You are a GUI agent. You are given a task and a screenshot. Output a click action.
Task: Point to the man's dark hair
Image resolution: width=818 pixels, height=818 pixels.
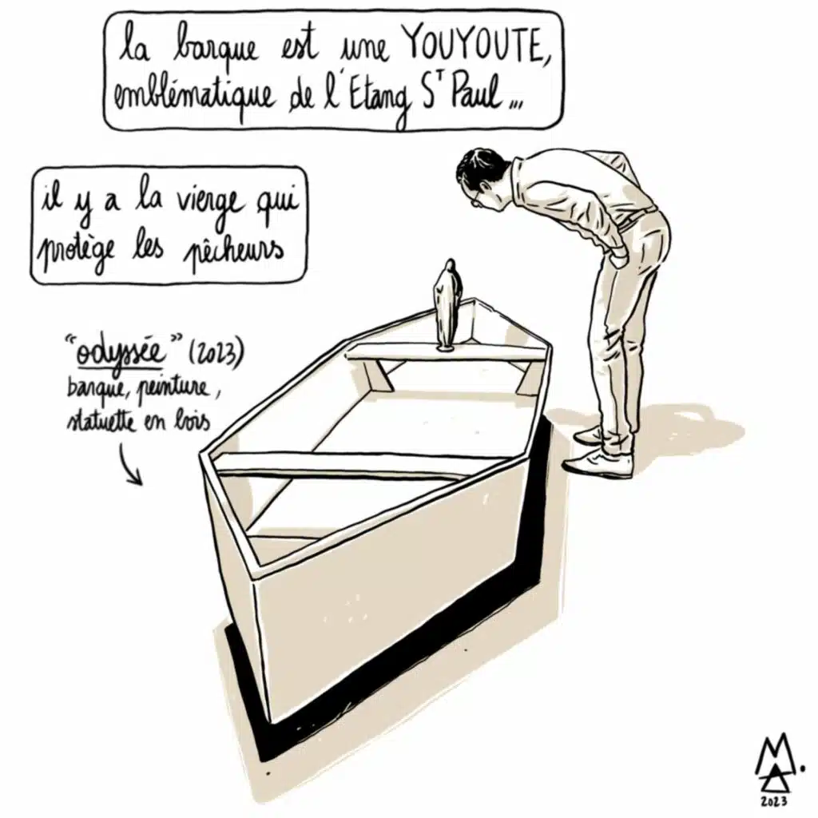coord(478,167)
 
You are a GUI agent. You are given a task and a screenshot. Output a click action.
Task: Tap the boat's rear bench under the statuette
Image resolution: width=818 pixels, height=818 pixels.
coord(445,355)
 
